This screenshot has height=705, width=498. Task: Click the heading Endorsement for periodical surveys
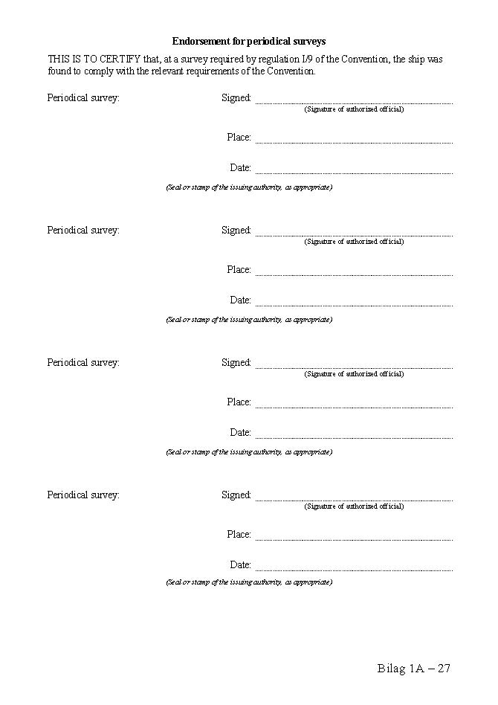249,42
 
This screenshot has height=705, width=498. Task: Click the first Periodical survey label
83,98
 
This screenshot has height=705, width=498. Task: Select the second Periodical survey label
83,231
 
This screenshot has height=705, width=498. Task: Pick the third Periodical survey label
83,363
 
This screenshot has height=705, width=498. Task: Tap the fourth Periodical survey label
83,495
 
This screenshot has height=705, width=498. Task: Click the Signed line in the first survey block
354,101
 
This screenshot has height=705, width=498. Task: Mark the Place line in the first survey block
354,141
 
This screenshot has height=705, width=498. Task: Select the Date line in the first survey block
354,171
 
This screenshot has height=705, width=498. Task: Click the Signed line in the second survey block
354,234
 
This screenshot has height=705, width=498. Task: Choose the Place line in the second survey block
354,273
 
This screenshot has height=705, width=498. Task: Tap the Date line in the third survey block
354,436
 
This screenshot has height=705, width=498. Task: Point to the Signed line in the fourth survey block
354,498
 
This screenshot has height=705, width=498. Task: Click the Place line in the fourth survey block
354,538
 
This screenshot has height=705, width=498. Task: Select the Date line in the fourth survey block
354,568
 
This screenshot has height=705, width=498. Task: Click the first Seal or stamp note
249,187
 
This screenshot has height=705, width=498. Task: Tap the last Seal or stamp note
249,582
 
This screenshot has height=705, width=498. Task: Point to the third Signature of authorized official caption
354,374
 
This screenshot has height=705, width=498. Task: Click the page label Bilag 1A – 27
414,669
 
